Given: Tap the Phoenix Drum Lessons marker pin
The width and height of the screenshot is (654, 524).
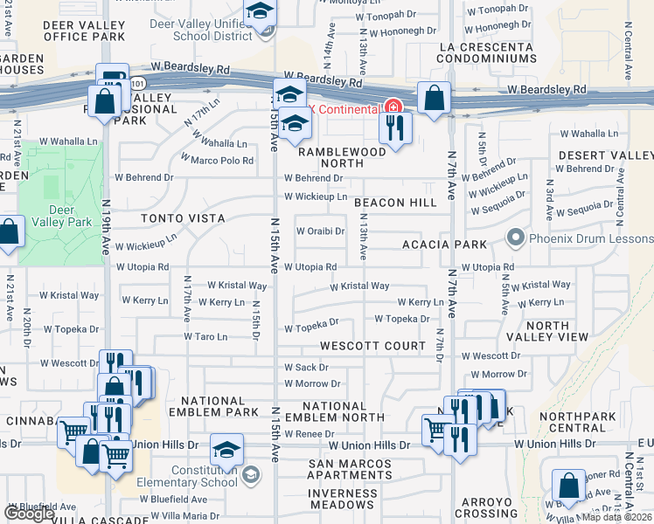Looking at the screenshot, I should (x=516, y=237).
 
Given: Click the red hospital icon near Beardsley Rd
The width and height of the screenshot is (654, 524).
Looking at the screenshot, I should (x=393, y=107).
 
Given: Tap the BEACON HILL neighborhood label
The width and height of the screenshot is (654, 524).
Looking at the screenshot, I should (x=395, y=203).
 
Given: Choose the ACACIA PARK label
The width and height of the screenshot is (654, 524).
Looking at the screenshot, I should (x=443, y=245).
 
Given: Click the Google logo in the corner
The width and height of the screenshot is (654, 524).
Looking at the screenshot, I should (x=29, y=514).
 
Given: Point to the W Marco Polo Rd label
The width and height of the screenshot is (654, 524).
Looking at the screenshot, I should (x=217, y=160).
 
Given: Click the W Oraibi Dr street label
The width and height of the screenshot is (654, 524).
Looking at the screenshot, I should (x=320, y=231).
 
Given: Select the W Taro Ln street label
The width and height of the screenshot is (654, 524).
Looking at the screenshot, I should (x=205, y=336).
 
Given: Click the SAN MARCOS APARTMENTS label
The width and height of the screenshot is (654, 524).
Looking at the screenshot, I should (x=343, y=469).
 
